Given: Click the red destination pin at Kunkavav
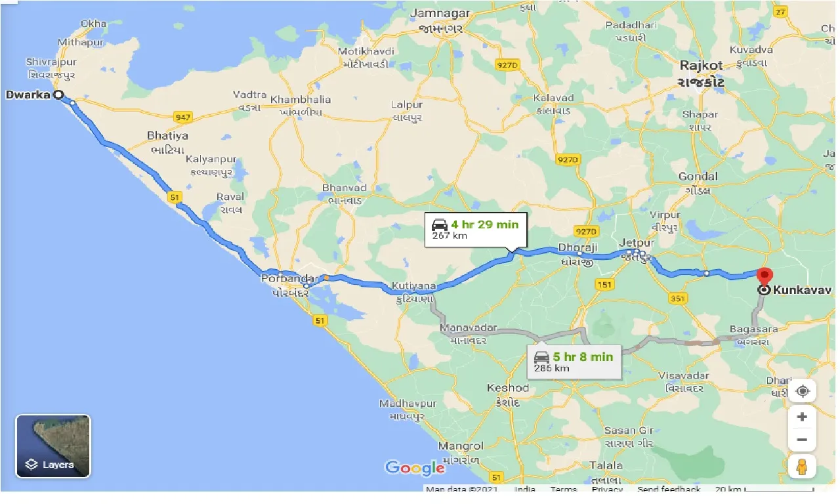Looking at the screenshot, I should point(763,276).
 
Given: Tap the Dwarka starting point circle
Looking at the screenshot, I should point(58,94).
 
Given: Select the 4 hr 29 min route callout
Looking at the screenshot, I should point(476,229).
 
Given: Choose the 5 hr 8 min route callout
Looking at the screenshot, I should point(574,361).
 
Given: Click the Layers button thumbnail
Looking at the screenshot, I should point(53,446).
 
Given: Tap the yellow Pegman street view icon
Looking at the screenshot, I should point(802,467).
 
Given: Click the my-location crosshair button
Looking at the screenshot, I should point(802,392).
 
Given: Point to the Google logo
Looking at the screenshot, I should point(415,468).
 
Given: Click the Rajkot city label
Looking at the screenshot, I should point(701,66).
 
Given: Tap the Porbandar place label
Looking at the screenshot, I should point(289,278).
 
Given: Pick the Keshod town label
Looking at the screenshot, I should point(507,388).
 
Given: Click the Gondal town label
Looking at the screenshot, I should point(698,176).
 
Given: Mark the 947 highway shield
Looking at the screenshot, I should point(183,117).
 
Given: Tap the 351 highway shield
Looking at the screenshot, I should point(678,299).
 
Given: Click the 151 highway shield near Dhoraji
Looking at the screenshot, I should point(603,284).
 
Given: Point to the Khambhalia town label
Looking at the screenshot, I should point(301,100).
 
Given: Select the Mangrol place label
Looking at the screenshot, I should point(460,446).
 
